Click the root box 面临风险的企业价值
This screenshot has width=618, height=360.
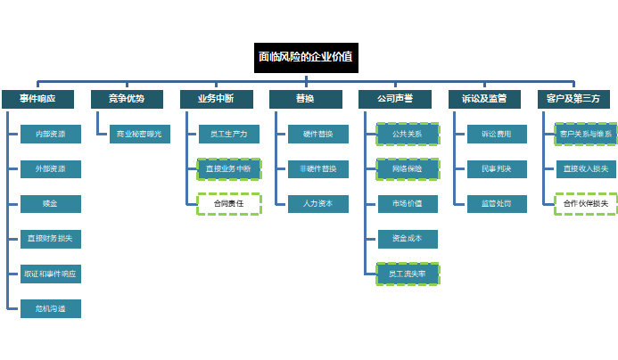point(306,57)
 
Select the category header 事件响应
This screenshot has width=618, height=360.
point(37,99)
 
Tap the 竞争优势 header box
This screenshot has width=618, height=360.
point(126,99)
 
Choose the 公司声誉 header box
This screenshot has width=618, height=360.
point(395,99)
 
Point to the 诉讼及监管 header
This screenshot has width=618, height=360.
point(484,99)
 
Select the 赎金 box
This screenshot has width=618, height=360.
point(51,204)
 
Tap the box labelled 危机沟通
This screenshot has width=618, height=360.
point(51,308)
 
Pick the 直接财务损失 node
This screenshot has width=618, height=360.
point(51,239)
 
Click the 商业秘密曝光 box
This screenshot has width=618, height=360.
point(139,135)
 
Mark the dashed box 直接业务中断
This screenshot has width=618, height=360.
point(229,169)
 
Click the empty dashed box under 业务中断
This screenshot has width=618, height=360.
point(229,204)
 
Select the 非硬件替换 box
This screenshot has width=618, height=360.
point(318,169)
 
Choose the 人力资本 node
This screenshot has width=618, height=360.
point(318,204)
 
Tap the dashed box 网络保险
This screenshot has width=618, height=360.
point(408,169)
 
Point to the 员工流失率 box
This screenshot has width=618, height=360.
point(408,274)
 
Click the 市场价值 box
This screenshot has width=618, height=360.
point(408,204)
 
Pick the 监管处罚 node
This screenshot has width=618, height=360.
point(497,204)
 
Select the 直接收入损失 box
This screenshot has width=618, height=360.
point(586,169)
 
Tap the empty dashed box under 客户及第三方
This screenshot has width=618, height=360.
point(586,204)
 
